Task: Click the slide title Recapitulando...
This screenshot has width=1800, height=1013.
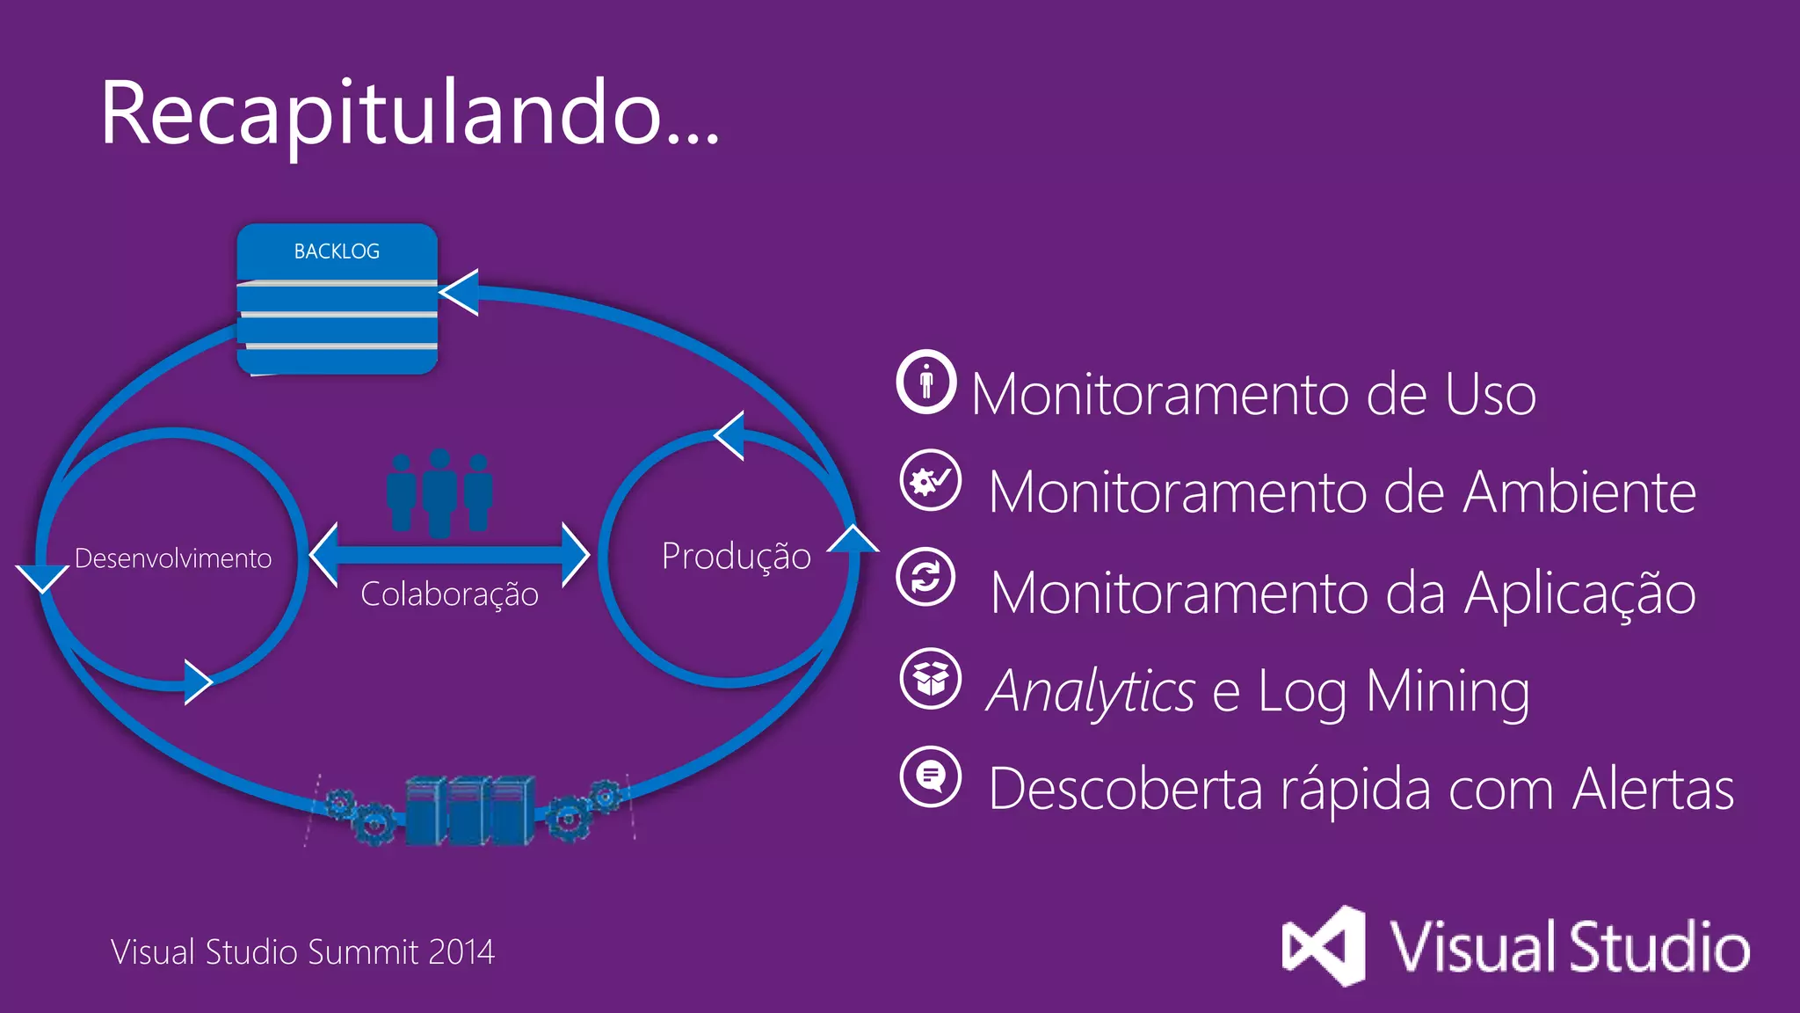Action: point(410,114)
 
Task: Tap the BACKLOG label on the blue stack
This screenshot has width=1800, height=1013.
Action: point(337,251)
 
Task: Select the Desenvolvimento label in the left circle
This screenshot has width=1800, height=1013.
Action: point(173,558)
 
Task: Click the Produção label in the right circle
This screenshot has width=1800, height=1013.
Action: point(736,556)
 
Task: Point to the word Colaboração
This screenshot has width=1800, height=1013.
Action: point(449,594)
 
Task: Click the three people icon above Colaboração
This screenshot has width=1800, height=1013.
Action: point(439,492)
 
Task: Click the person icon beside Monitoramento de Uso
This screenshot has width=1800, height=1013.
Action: point(926,383)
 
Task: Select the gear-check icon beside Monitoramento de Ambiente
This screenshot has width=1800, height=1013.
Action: point(930,480)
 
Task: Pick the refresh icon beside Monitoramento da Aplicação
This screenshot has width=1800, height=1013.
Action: point(926,577)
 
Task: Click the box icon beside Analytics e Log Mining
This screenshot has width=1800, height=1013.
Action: point(931,678)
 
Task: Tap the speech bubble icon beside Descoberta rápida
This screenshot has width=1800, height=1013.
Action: point(931,776)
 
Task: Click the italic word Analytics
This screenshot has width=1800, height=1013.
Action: point(1091,691)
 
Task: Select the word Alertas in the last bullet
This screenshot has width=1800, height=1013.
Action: point(1653,789)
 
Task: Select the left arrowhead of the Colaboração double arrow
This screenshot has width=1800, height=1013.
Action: point(324,555)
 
